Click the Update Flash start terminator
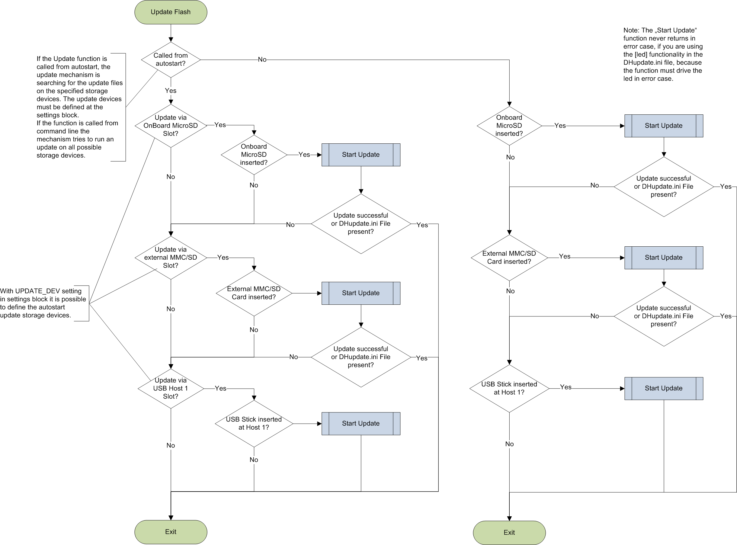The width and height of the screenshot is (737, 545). (x=171, y=12)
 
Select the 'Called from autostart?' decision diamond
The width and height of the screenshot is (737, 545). (x=171, y=60)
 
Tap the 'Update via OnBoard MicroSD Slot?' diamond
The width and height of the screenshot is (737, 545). (x=171, y=126)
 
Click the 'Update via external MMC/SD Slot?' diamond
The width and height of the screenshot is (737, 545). (x=171, y=258)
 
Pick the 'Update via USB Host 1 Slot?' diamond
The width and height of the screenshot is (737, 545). (x=171, y=388)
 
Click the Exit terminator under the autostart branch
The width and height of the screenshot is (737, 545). (x=171, y=531)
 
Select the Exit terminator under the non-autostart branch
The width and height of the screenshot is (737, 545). (x=509, y=532)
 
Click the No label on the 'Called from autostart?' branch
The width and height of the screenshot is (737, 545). (x=262, y=60)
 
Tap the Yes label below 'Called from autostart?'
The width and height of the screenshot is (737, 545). (x=171, y=91)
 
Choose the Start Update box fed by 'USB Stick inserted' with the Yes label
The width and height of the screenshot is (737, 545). (x=663, y=388)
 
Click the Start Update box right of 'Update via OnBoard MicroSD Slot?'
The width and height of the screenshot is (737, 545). (x=360, y=155)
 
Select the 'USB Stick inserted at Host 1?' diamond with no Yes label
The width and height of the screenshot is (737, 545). (x=254, y=424)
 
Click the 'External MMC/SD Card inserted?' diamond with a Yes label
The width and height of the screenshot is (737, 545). (x=509, y=258)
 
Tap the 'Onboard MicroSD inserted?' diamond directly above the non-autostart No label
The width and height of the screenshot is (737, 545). (x=509, y=126)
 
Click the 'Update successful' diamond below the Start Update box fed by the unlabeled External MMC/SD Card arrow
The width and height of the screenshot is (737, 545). (x=360, y=357)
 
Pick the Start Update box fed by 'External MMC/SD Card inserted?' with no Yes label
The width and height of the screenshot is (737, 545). (x=360, y=293)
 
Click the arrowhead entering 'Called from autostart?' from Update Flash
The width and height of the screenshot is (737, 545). (x=171, y=40)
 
